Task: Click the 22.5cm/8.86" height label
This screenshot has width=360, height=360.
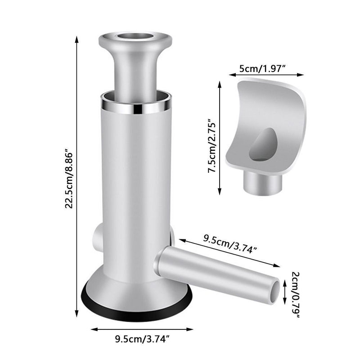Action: coord(69,179)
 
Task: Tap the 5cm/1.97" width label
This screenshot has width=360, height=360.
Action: coord(262,69)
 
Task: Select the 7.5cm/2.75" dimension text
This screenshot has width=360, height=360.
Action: coord(212,145)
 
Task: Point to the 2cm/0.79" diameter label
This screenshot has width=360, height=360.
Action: coord(296,295)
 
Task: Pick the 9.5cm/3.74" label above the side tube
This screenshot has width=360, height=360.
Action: coord(230,243)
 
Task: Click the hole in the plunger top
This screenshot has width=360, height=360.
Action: coord(135,36)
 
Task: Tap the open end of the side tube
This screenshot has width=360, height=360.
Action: coord(274,292)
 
